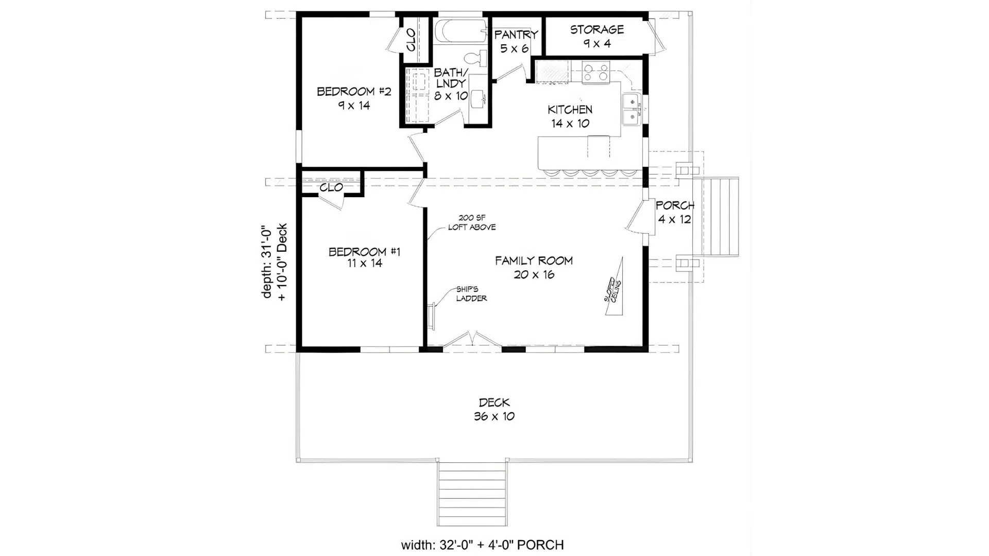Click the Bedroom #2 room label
[x=354, y=98]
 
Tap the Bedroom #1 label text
[x=364, y=257]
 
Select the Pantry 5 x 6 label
[x=516, y=41]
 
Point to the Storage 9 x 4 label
[x=596, y=36]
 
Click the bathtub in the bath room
[x=460, y=31]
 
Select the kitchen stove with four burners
[x=596, y=72]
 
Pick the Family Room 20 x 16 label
[x=534, y=267]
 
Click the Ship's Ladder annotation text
[x=471, y=293]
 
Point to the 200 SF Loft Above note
[x=471, y=222]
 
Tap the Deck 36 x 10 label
[x=494, y=409]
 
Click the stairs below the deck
[x=471, y=493]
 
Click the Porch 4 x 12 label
[x=674, y=212]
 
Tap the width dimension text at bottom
[x=482, y=545]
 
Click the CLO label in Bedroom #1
[x=331, y=187]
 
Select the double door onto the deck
[x=472, y=340]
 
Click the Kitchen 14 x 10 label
[x=570, y=116]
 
